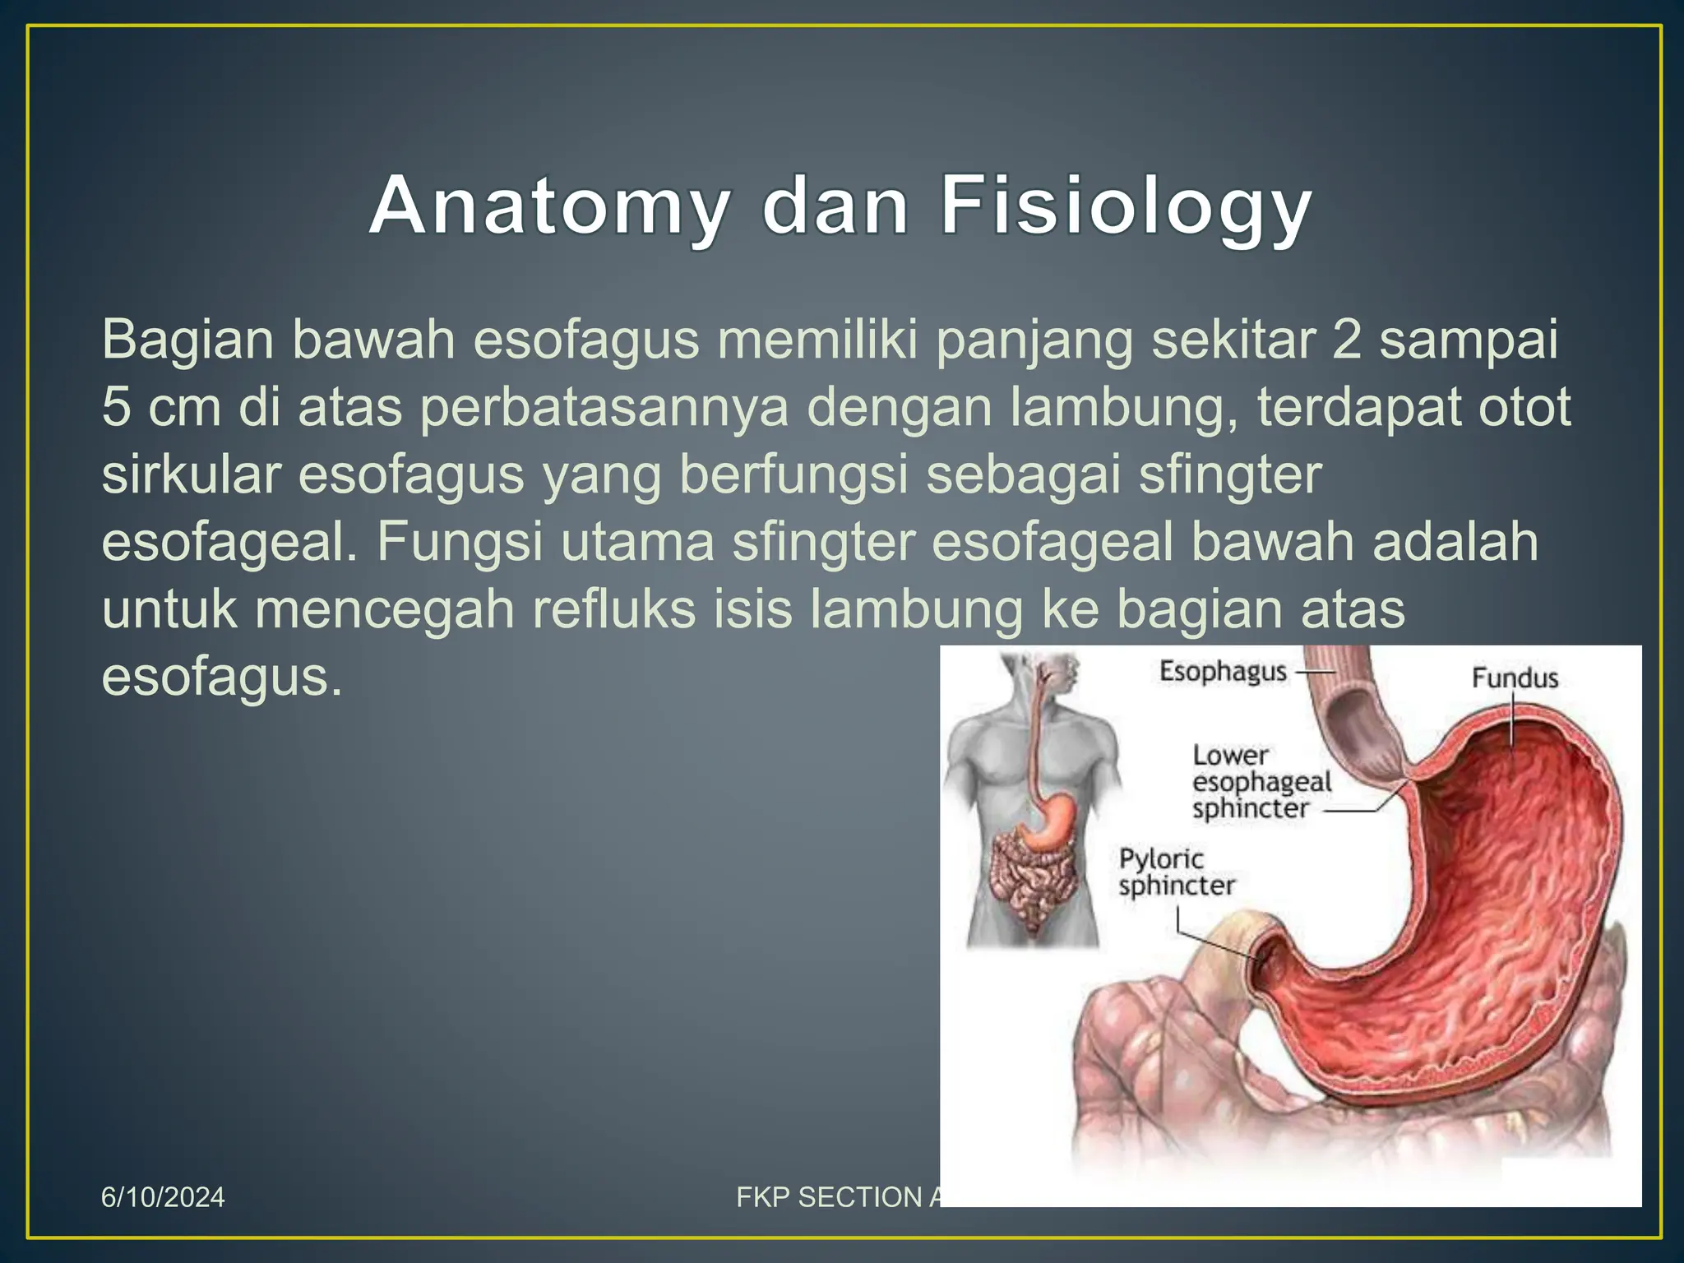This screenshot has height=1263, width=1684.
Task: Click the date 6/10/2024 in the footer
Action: (163, 1197)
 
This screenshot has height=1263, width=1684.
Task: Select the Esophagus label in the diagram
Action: (1223, 672)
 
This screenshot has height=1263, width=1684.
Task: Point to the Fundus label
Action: (1515, 678)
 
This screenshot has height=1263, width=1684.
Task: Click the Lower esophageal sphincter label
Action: (1261, 782)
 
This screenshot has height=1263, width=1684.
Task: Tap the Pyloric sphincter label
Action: (1176, 872)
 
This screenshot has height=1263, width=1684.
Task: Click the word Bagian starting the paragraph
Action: (187, 340)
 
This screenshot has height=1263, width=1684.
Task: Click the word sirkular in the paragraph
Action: (190, 474)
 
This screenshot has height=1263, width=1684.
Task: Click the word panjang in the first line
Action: (1034, 340)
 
